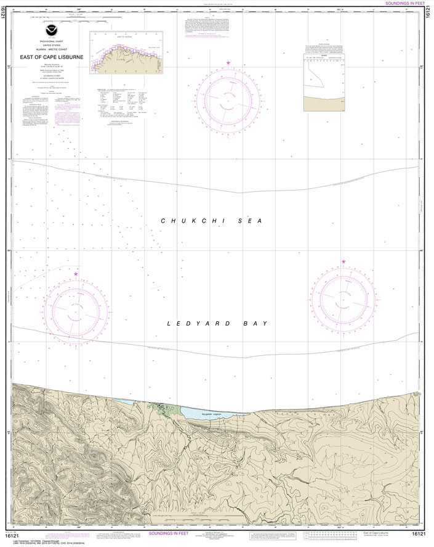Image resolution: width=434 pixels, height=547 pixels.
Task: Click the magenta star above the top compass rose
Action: [228, 64]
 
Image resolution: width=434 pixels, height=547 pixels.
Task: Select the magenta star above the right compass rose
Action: [344, 262]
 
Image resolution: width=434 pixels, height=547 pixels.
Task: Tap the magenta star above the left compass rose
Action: [76, 274]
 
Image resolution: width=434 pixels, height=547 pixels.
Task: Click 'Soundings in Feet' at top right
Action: [404, 3]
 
